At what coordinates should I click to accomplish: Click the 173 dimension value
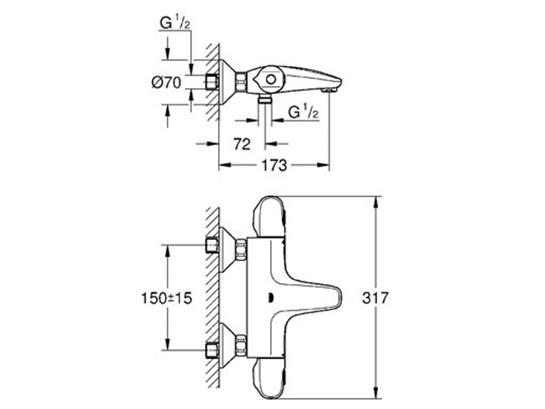(x=275, y=166)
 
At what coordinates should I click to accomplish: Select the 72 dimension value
(x=242, y=144)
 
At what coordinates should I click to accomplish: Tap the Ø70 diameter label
(x=166, y=82)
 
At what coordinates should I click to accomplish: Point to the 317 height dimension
(x=375, y=298)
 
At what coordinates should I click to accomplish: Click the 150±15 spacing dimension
(x=167, y=298)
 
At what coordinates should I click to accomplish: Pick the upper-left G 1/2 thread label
(x=175, y=23)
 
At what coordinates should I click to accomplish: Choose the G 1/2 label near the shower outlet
(x=303, y=112)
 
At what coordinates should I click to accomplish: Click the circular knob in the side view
(x=270, y=80)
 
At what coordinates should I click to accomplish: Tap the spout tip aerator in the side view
(x=329, y=90)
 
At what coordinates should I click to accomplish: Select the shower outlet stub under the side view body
(x=265, y=99)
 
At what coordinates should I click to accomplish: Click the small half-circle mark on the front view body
(x=271, y=298)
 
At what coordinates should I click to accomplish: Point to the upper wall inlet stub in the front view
(x=212, y=245)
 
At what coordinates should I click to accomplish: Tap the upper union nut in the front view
(x=241, y=249)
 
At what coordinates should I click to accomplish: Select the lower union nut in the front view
(x=241, y=346)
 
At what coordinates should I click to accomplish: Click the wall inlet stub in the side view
(x=212, y=82)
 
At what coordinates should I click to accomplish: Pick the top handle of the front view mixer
(x=270, y=217)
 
